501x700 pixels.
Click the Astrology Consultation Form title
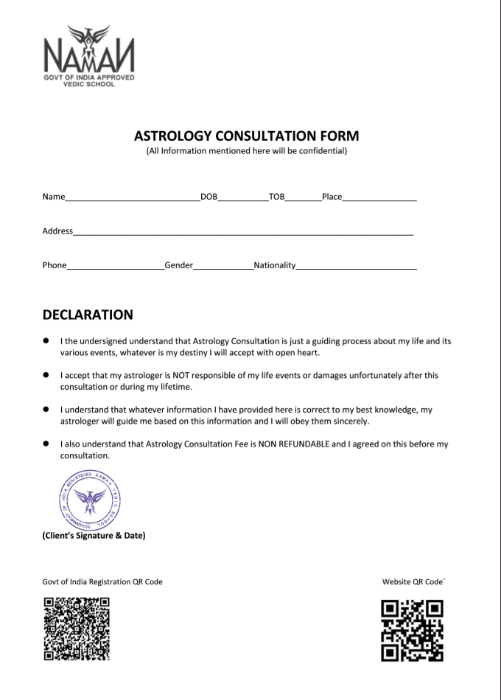click(247, 136)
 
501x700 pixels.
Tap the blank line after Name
click(132, 199)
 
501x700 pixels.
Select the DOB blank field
click(243, 199)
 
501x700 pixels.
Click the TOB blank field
click(303, 199)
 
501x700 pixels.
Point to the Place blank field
click(379, 199)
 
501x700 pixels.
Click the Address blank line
click(243, 233)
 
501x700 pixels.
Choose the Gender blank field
click(223, 267)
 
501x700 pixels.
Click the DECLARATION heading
click(88, 315)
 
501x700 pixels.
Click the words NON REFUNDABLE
click(294, 444)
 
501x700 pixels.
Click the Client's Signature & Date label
click(94, 536)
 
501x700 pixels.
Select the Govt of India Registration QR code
click(77, 629)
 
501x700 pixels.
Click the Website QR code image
click(412, 631)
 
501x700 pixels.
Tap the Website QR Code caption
click(413, 582)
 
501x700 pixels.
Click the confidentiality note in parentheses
click(247, 152)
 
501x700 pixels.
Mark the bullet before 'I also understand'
click(46, 444)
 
